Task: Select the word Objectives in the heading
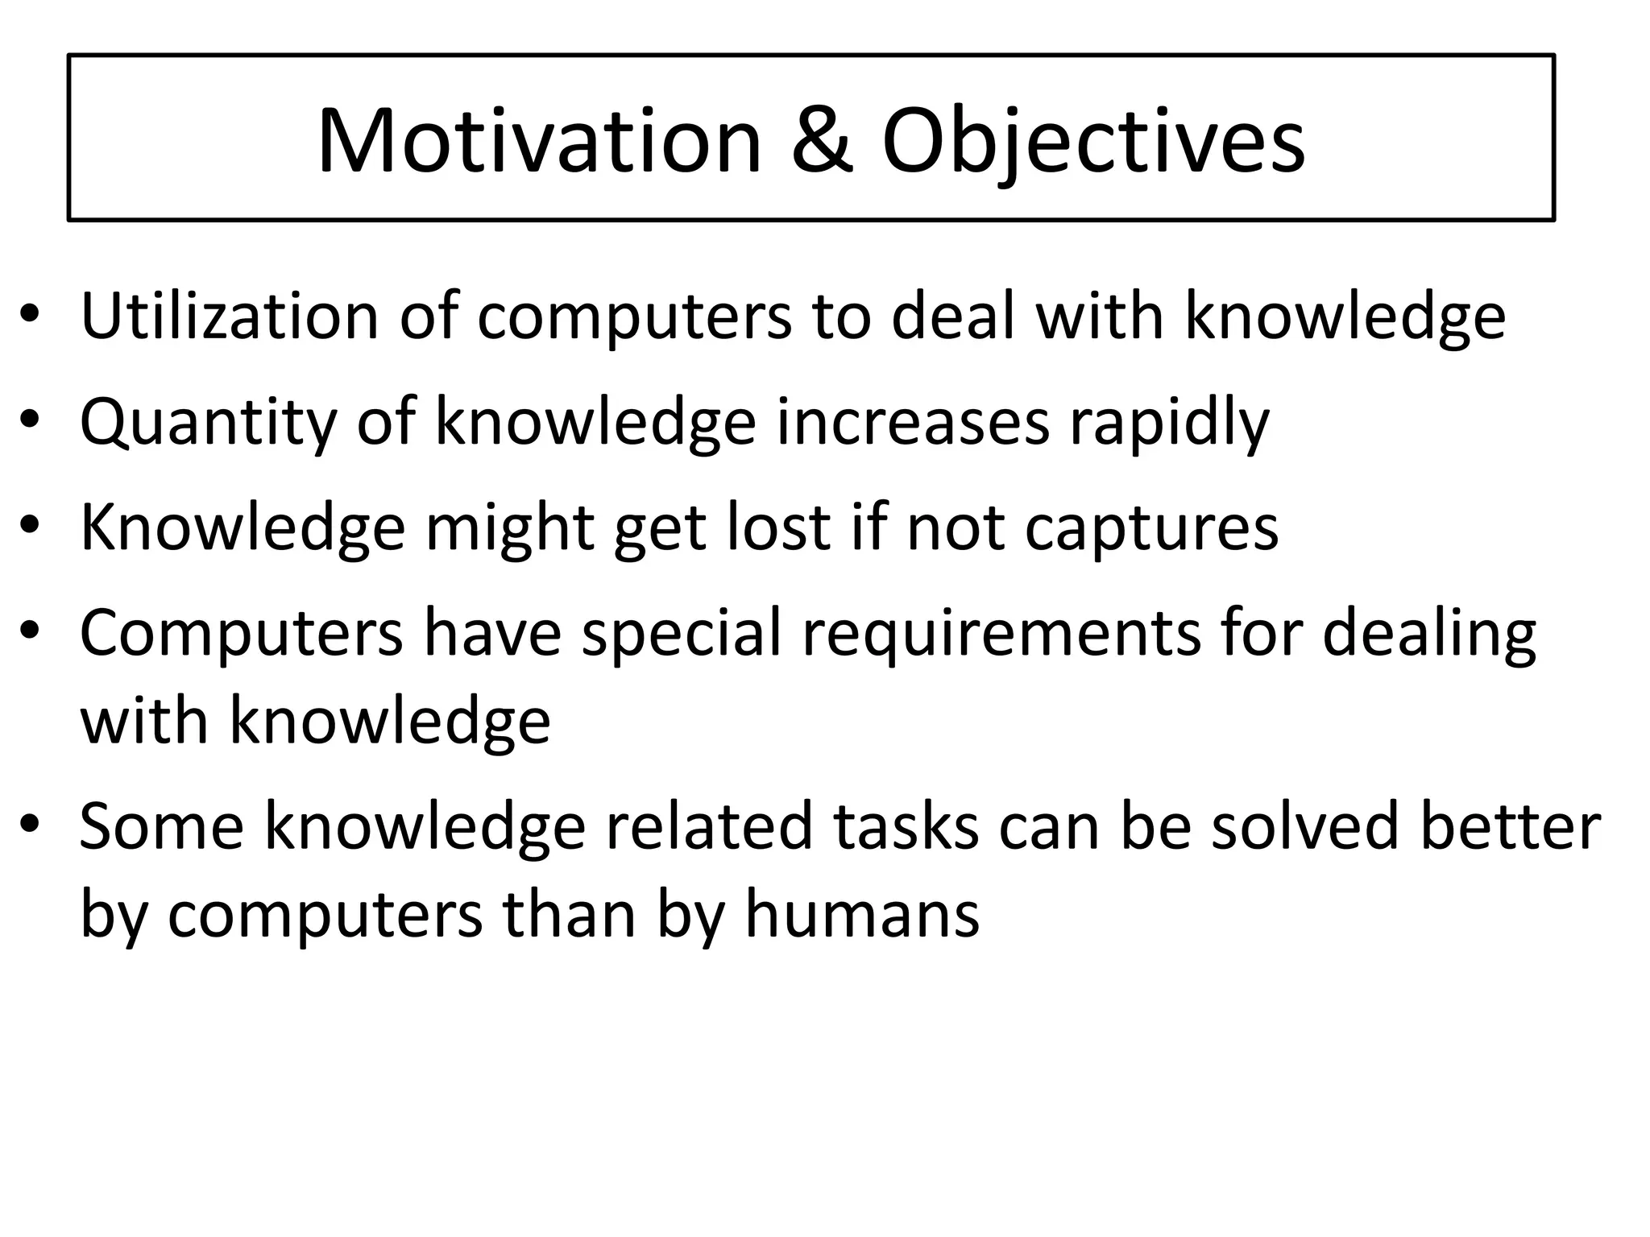click(x=1092, y=143)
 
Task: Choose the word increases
click(x=913, y=422)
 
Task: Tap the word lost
click(x=779, y=527)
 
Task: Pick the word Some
click(x=161, y=827)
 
